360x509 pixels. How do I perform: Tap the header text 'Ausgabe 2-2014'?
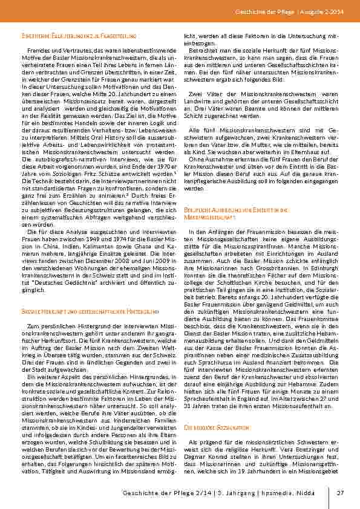(330, 12)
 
